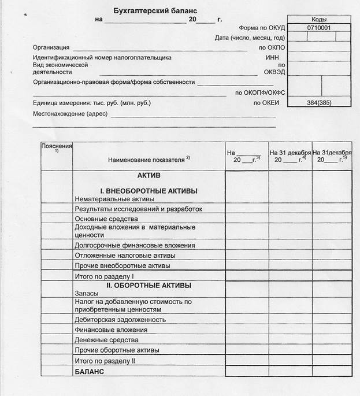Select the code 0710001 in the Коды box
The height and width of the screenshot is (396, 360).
click(319, 27)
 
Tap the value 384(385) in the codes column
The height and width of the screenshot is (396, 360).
click(319, 102)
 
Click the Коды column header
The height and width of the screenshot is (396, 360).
click(319, 18)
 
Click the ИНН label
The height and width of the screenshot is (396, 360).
click(272, 57)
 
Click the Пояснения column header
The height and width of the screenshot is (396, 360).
click(57, 146)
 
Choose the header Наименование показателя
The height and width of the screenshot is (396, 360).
click(149, 159)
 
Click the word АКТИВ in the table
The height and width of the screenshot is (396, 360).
click(149, 175)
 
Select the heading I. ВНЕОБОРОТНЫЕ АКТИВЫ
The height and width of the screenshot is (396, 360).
click(149, 191)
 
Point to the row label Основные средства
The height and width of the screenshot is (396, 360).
click(106, 219)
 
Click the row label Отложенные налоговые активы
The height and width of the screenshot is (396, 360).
click(125, 256)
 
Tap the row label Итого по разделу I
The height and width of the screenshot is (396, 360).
click(105, 276)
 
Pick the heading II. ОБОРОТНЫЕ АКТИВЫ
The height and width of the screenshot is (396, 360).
click(149, 286)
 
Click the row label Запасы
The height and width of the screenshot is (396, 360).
click(87, 294)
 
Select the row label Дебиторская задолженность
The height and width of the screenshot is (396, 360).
click(120, 320)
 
